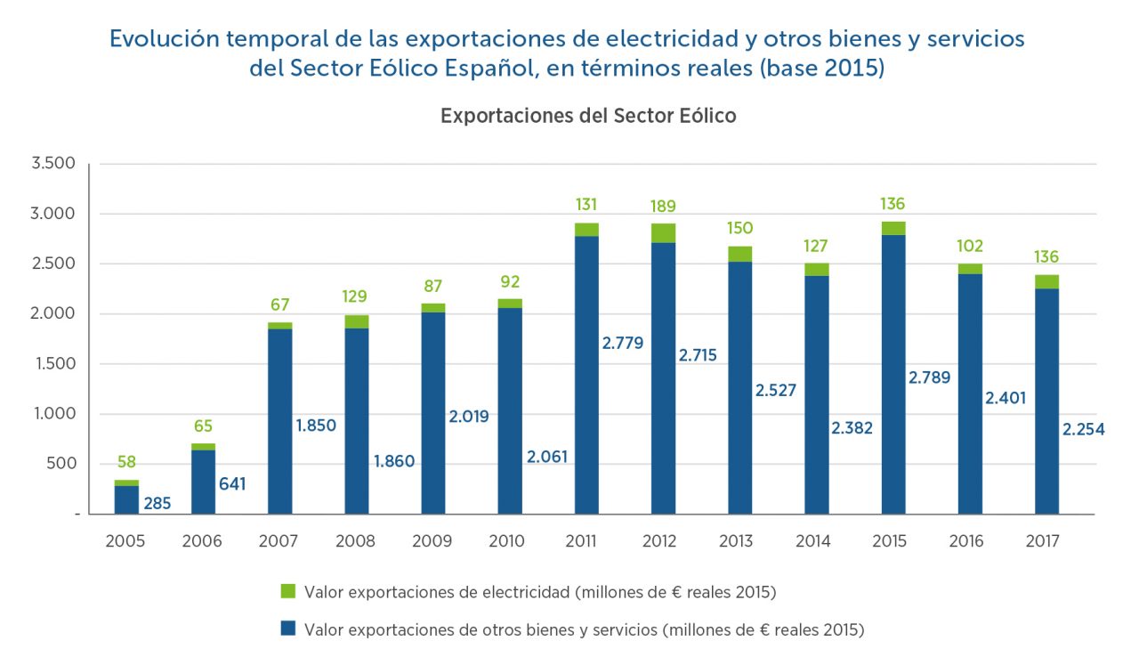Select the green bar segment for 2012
click(663, 232)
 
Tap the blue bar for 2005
click(126, 499)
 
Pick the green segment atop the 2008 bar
click(357, 321)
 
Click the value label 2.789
click(929, 377)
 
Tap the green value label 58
click(126, 462)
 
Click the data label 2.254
click(1083, 430)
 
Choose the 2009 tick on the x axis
click(432, 541)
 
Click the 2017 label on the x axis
click(1042, 541)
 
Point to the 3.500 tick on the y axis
click(54, 164)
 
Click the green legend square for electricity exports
click(287, 591)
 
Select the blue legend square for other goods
click(287, 629)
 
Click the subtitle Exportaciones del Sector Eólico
click(588, 116)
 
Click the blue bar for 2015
click(893, 374)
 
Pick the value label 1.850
click(316, 426)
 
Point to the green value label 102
click(969, 246)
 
